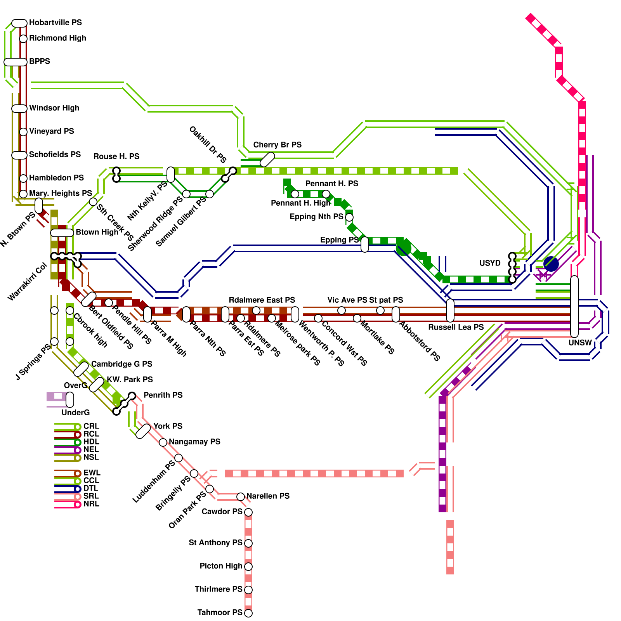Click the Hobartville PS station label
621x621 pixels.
[x=56, y=23]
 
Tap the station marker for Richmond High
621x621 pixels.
[x=23, y=38]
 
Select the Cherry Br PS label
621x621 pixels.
[x=277, y=145]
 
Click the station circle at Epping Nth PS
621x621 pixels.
[x=349, y=217]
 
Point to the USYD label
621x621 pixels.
[x=490, y=263]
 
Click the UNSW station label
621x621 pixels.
[x=580, y=343]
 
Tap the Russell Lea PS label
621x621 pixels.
[x=456, y=327]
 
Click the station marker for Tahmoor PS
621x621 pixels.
[x=248, y=613]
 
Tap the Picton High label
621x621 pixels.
[x=221, y=566]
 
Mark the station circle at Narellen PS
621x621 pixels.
[x=241, y=496]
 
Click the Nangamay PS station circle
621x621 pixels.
[x=163, y=442]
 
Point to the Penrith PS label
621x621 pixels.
[x=163, y=395]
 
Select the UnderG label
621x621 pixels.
[x=75, y=413]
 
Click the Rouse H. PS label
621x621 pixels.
[x=116, y=156]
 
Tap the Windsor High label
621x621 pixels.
[x=54, y=108]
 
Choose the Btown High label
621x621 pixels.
[x=97, y=232]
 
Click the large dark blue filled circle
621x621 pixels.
[x=551, y=264]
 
